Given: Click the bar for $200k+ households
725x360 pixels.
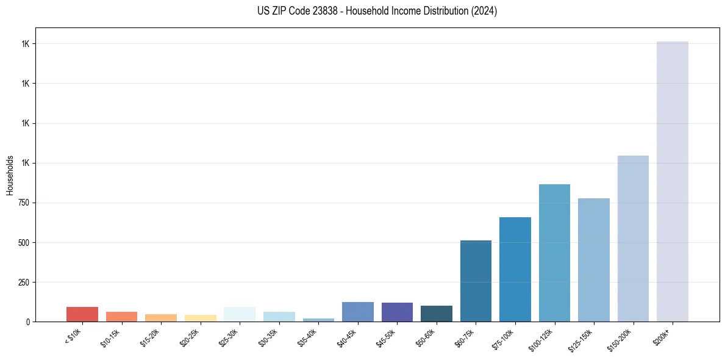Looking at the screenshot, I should pyautogui.click(x=672, y=183).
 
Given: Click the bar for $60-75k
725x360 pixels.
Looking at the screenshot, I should pyautogui.click(x=476, y=281).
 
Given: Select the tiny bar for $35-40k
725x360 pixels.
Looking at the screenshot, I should pyautogui.click(x=318, y=320).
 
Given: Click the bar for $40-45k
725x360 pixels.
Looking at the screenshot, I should pyautogui.click(x=357, y=312).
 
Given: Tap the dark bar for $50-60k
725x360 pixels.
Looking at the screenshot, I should pyautogui.click(x=436, y=314).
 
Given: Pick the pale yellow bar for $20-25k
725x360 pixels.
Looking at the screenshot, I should pyautogui.click(x=200, y=318).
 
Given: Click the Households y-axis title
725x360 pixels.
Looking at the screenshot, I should pyautogui.click(x=10, y=175).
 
